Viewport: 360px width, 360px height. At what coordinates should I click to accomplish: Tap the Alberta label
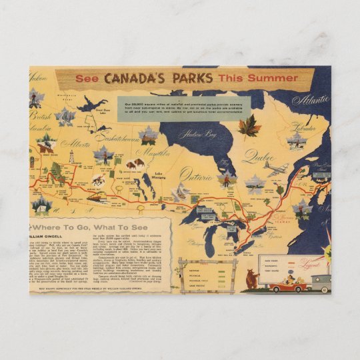click(x=73, y=143)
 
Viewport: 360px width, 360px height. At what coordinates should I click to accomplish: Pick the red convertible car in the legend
click(x=284, y=283)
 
